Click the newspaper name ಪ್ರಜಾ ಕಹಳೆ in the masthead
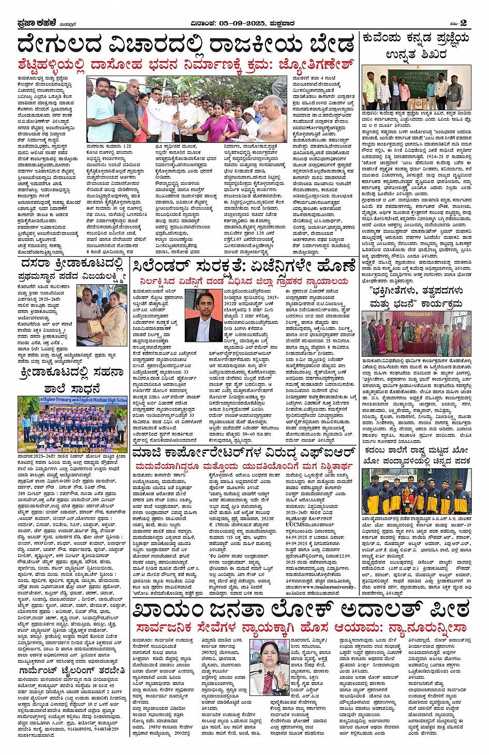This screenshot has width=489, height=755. point(36,23)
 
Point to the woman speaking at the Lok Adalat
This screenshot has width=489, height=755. point(270,663)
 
